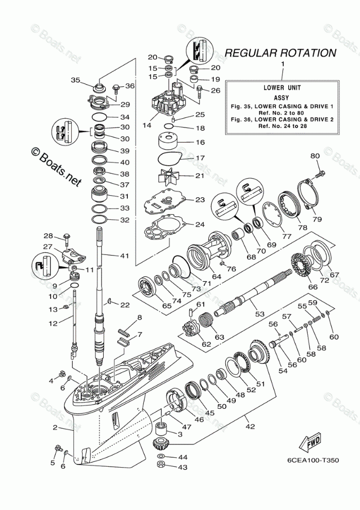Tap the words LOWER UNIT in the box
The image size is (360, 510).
[283, 87]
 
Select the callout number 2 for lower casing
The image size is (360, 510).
[55, 427]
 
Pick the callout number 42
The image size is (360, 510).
[250, 427]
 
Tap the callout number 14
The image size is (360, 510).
[146, 125]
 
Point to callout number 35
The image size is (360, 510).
[76, 80]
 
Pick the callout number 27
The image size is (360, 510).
[47, 247]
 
